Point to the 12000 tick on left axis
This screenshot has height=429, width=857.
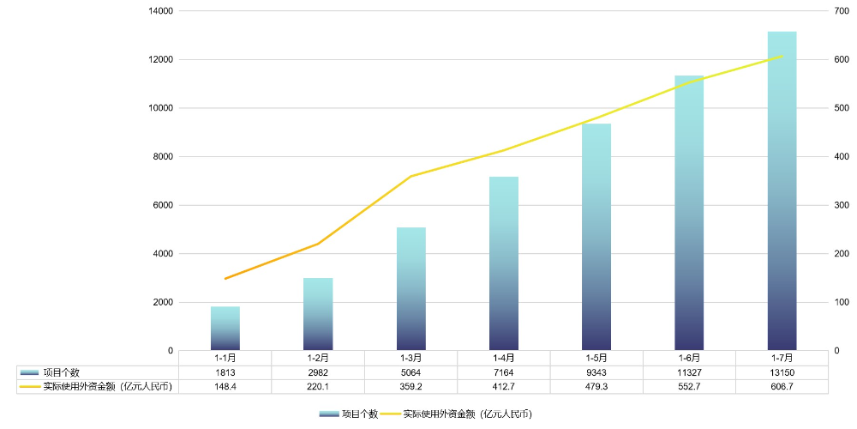161,60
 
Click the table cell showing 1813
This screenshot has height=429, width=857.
225,372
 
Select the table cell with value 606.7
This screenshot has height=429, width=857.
782,387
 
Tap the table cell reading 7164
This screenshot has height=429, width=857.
504,372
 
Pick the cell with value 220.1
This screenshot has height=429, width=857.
318,387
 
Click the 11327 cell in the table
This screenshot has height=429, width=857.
689,372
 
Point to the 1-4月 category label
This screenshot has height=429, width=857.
504,358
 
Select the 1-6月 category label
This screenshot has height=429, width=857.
689,358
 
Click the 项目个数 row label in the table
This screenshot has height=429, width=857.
62,372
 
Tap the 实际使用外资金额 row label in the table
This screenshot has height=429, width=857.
107,387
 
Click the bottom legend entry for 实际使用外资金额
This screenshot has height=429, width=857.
467,414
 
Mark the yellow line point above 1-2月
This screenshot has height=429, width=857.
318,244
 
